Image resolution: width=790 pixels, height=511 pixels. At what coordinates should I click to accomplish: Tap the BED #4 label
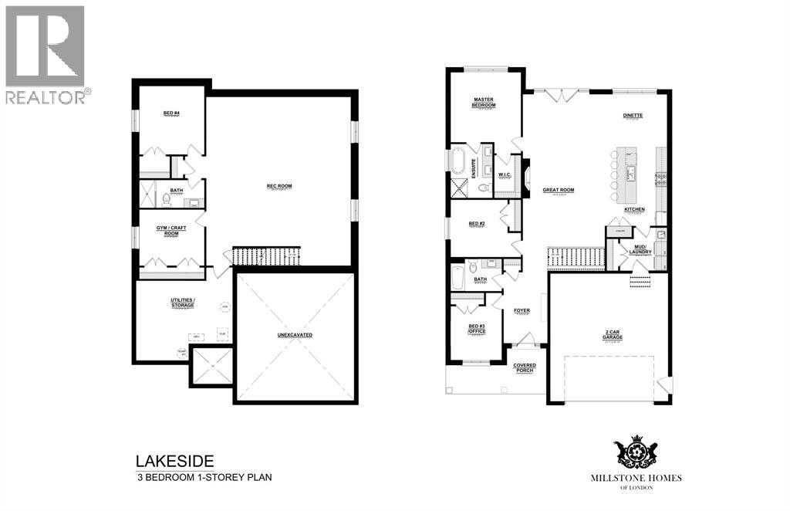[171, 113]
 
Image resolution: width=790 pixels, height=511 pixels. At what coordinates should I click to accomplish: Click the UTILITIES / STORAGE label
[182, 303]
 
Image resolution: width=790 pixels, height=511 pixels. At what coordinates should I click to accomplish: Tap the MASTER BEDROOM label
[485, 103]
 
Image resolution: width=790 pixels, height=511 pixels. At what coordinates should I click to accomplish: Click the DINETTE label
[633, 116]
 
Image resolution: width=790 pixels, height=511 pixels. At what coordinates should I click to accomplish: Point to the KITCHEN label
[634, 209]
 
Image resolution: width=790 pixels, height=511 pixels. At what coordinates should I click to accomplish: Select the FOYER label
[522, 310]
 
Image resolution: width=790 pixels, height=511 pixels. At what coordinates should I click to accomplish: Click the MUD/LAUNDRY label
[641, 249]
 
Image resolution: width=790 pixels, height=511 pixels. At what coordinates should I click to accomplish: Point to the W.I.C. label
[505, 174]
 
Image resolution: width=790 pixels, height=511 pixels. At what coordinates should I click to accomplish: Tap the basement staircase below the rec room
[266, 256]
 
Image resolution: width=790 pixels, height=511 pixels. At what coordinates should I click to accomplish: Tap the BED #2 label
[477, 224]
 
